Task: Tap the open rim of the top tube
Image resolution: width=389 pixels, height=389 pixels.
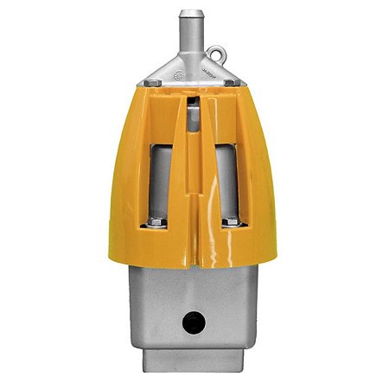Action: pyautogui.click(x=193, y=12)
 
